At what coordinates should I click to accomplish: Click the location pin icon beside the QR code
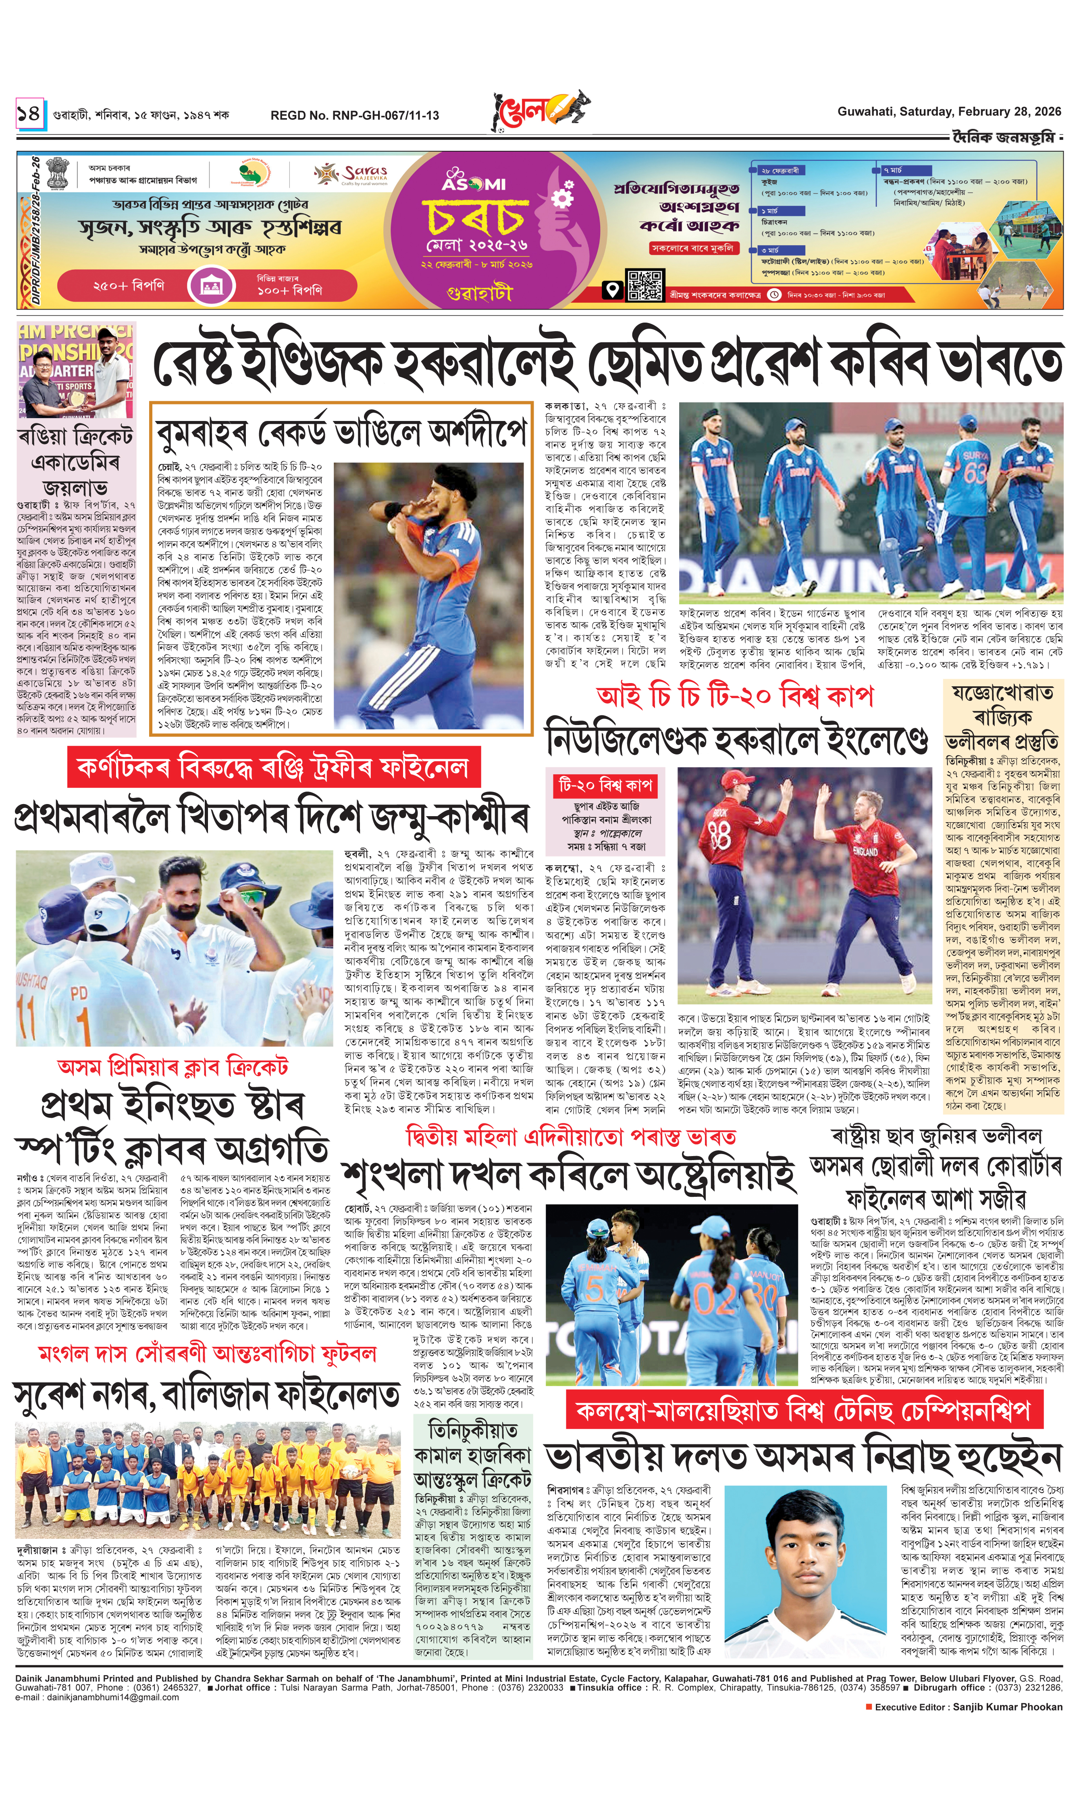(613, 291)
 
